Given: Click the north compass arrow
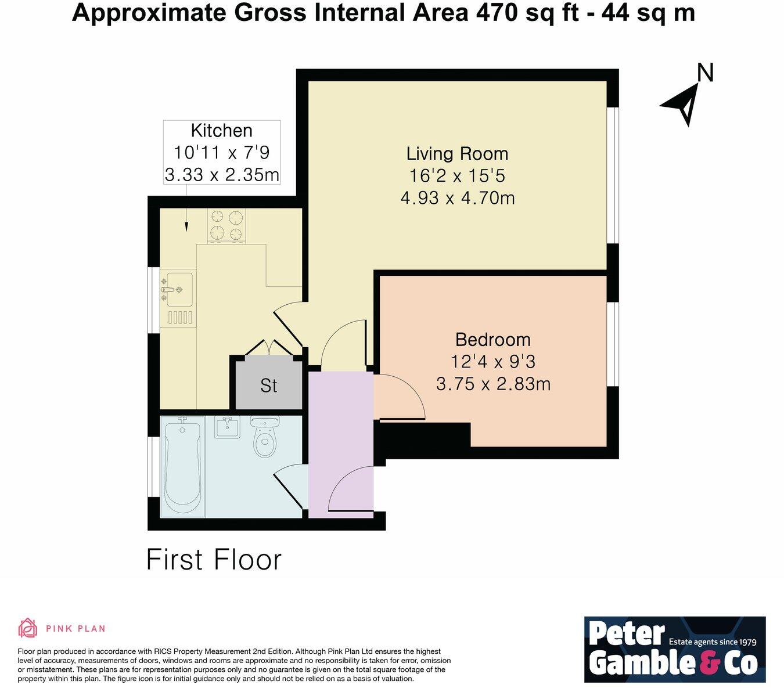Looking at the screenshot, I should [x=683, y=103].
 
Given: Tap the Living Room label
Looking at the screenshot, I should [x=457, y=154].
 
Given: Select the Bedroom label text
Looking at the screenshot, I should [x=492, y=340].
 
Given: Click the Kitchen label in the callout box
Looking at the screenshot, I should [x=221, y=131].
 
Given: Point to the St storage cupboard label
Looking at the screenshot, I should [x=268, y=386].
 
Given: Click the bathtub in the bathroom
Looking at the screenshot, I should [x=182, y=465].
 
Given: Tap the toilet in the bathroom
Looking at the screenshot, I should [x=265, y=438].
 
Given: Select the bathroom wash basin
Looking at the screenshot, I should [x=227, y=428].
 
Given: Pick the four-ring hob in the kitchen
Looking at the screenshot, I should [x=226, y=225].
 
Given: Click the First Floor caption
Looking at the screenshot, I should [x=214, y=560].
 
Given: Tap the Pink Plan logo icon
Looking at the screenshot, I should [x=27, y=628].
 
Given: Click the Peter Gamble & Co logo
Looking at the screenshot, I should [x=674, y=649].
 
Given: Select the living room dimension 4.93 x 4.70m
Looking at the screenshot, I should [x=457, y=199].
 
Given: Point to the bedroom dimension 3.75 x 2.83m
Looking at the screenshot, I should [x=492, y=384].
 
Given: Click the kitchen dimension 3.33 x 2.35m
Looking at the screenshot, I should [x=221, y=174].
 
